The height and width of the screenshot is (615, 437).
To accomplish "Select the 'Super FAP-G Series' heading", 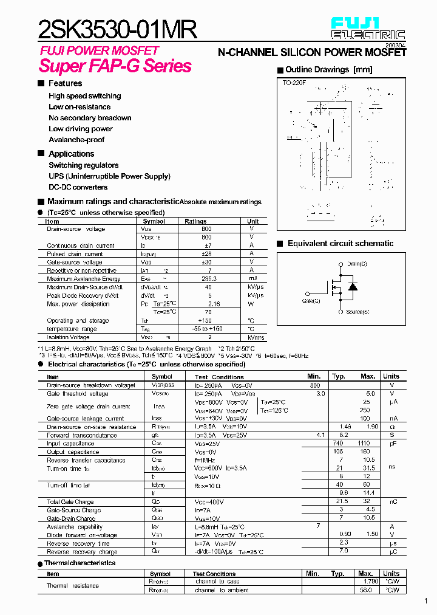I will coord(115,66).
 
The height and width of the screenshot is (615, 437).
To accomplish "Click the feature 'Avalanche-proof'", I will coord(76,139).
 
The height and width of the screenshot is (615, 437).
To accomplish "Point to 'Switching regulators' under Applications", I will coord(84,165).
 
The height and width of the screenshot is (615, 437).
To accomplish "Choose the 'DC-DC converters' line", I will coord(78,187).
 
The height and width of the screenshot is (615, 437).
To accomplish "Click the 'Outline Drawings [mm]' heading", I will coord(328,70).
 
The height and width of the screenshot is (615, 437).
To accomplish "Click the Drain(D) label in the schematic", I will coord(357,263).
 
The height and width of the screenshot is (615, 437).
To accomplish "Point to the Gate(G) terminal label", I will coord(311,300).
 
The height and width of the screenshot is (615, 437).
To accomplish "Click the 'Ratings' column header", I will coord(195,222).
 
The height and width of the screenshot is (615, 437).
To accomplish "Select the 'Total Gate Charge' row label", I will coord(70,502).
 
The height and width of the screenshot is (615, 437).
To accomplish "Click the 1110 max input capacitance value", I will coord(364,444).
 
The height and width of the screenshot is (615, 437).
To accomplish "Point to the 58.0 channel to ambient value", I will coord(365,590).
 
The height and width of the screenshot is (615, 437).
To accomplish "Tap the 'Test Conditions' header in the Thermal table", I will coord(214,574).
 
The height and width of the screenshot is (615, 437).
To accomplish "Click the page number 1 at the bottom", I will coord(426,601).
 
